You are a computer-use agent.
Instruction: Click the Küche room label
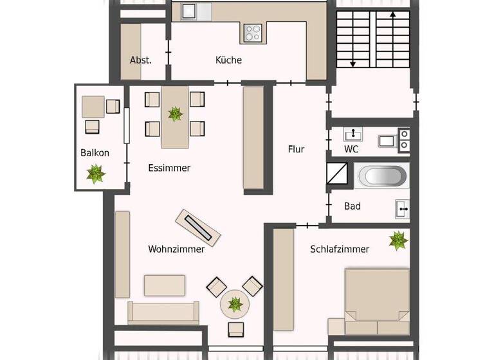(x=228, y=60)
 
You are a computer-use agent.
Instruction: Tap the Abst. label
(x=140, y=60)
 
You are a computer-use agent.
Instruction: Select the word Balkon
(x=95, y=153)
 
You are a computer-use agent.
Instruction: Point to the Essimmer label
(x=169, y=168)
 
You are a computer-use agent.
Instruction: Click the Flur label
(x=296, y=149)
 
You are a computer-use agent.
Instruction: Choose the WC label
(x=351, y=149)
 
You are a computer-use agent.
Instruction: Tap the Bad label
(x=352, y=206)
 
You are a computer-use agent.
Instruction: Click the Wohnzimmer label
(x=176, y=249)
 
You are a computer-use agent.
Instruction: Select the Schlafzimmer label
(x=339, y=249)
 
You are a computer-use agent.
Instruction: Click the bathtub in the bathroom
(x=382, y=176)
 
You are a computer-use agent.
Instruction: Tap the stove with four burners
(x=253, y=32)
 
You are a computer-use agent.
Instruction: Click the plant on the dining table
(x=175, y=114)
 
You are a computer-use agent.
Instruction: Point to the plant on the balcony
(x=96, y=174)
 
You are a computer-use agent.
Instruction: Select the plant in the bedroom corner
(x=398, y=240)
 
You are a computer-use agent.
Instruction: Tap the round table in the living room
(x=235, y=303)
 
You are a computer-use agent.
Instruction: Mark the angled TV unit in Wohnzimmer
(x=199, y=227)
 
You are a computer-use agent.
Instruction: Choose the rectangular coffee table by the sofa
(x=165, y=285)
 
